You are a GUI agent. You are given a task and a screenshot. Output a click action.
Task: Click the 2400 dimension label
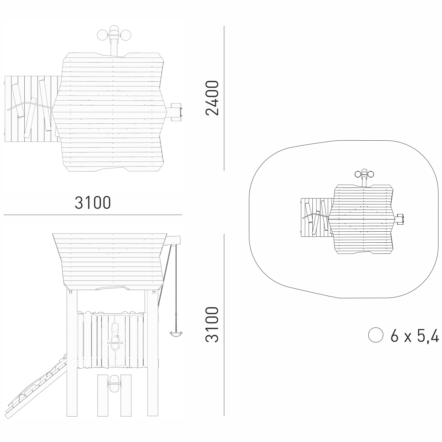point(212,98)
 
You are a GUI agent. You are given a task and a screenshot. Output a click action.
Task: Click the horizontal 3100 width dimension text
point(93,203)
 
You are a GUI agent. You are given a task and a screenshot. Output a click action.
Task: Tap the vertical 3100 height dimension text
point(212,325)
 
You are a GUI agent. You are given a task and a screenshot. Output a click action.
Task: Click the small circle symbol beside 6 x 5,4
point(375,335)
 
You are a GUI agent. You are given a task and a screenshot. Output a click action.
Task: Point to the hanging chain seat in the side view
point(176,333)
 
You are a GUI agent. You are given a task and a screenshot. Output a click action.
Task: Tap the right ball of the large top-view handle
point(126,35)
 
